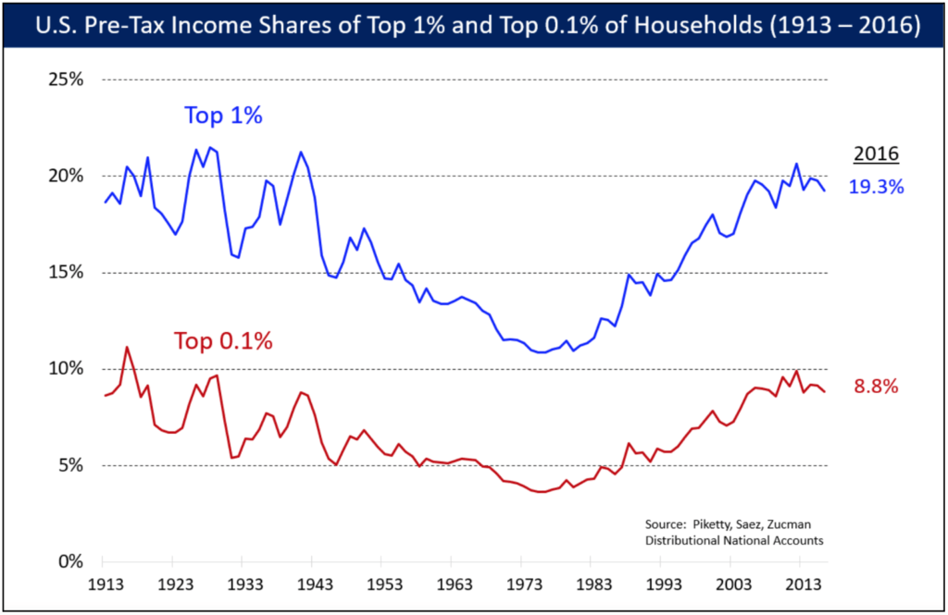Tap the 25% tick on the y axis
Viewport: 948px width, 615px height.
(x=65, y=80)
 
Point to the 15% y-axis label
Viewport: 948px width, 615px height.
(x=65, y=273)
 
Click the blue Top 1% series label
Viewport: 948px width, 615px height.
(x=224, y=117)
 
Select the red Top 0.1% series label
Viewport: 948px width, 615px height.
(x=223, y=340)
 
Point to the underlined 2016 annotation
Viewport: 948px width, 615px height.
(x=876, y=154)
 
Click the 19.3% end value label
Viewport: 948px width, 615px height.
(x=876, y=187)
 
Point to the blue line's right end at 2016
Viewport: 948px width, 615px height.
(x=825, y=191)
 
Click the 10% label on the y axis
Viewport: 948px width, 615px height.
(x=65, y=369)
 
